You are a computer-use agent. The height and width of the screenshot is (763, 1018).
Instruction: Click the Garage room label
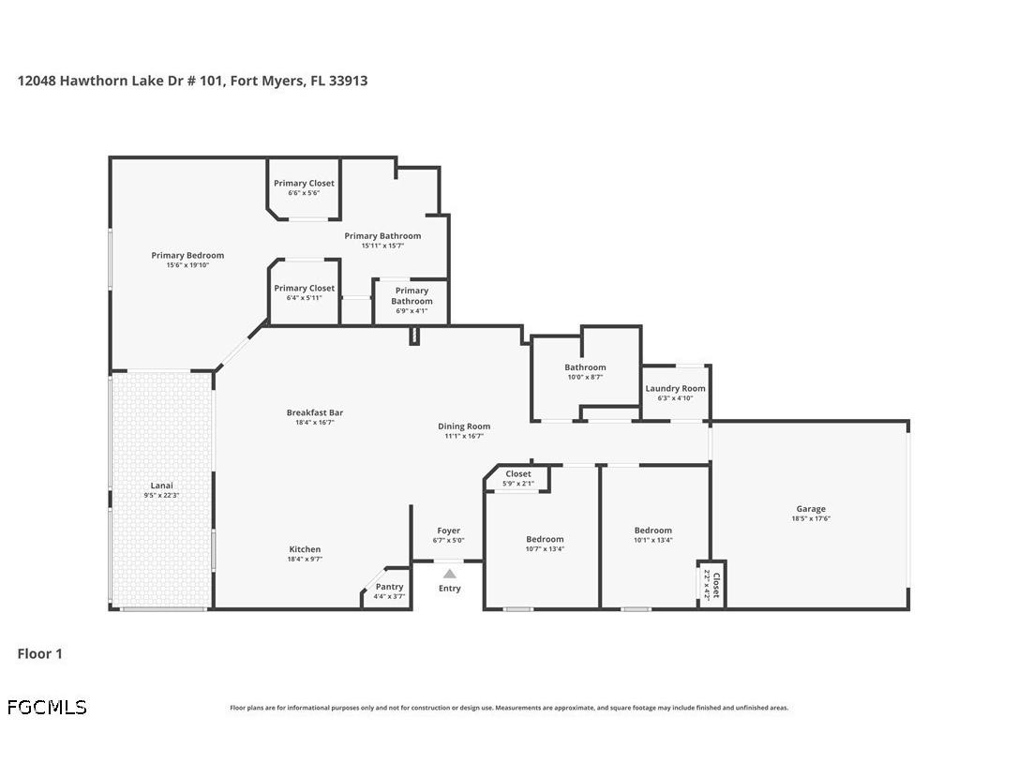pos(811,509)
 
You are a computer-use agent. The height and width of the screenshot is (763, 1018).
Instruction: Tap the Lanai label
pos(161,486)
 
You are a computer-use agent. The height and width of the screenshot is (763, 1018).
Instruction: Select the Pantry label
pos(389,587)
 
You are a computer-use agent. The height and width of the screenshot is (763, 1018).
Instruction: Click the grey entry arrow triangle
pos(450,574)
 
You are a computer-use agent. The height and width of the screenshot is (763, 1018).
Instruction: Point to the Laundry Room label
pos(675,388)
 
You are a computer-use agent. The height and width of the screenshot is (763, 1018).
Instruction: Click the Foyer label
pos(448,531)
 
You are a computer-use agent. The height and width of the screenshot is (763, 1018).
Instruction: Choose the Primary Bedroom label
pos(187,255)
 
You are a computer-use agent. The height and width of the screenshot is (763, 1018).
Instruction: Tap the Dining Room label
pos(464,426)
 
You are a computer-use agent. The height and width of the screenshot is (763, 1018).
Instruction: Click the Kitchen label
pos(305,549)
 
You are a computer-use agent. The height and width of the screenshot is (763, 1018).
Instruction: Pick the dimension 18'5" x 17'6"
pos(811,519)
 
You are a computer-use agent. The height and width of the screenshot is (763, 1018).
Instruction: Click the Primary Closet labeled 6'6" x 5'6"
pos(304,184)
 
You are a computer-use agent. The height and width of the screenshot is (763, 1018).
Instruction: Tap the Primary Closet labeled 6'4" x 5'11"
pos(304,289)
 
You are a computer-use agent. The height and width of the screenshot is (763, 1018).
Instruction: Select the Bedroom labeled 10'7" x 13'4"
pos(545,539)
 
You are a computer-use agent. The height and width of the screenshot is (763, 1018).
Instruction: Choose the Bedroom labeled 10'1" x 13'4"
pos(652,531)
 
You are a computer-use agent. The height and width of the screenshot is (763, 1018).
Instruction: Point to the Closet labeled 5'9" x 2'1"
pos(517,474)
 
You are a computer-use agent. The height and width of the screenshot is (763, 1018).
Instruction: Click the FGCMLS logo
pos(47,708)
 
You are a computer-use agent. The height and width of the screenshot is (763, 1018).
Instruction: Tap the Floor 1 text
pos(39,653)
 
